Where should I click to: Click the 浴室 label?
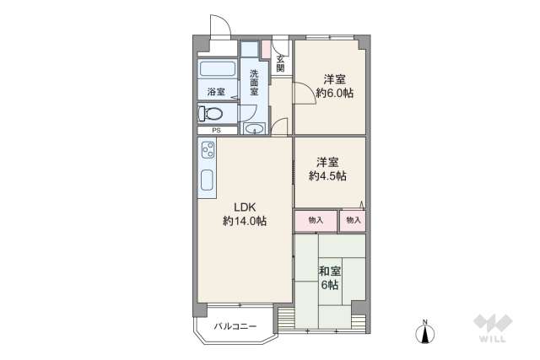point(216,92)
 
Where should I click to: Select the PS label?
point(217,130)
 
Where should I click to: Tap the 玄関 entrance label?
point(280,63)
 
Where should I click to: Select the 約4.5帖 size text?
point(327,176)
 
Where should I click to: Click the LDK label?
point(245,207)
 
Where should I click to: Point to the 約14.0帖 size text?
point(245,222)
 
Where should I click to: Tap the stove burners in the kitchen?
point(208,152)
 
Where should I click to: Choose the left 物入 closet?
point(316,221)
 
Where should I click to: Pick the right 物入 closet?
point(353,221)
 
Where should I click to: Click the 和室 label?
point(330,271)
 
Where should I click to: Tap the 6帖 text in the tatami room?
point(330,285)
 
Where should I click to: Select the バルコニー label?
point(235,325)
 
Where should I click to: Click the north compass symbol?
point(426,333)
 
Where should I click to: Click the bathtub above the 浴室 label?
point(218,69)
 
